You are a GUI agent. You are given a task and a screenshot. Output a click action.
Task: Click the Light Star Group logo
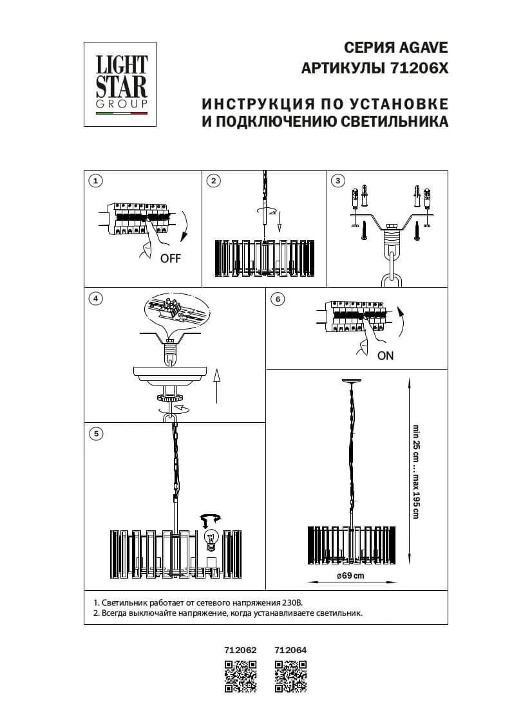(x=122, y=84)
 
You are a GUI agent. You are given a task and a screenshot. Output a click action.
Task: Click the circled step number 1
(x=95, y=181)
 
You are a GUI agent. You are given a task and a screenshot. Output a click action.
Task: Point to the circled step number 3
(x=337, y=181)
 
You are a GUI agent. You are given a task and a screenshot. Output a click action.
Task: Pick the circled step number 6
(x=278, y=299)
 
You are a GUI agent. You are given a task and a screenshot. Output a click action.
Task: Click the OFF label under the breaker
(x=171, y=259)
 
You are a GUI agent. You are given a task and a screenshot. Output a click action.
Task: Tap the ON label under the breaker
(x=385, y=355)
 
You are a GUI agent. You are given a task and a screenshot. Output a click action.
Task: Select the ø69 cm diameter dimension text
(x=350, y=576)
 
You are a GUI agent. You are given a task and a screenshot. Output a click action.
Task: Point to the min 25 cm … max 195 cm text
(x=416, y=472)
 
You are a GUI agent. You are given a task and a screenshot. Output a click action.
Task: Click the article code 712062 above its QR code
(x=241, y=650)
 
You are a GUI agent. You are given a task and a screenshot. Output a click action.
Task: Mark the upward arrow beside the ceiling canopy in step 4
(x=216, y=386)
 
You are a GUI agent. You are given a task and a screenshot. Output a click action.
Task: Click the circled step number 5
(x=95, y=434)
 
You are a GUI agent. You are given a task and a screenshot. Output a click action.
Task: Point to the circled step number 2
(x=214, y=181)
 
